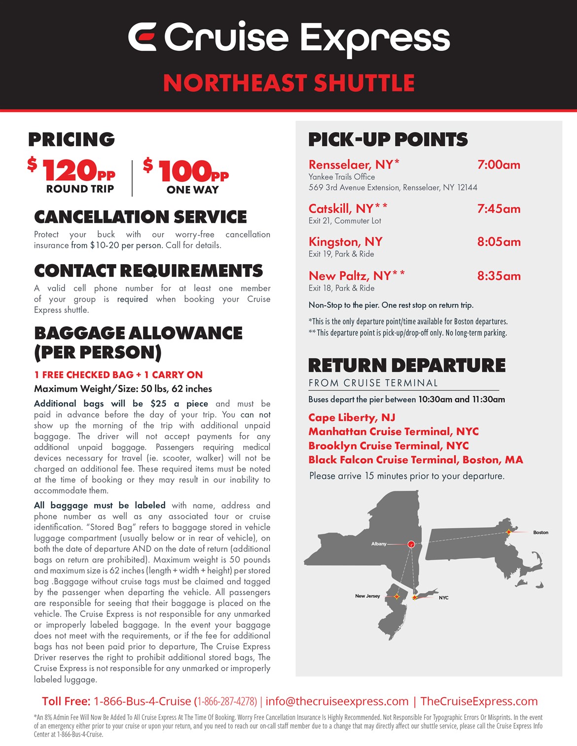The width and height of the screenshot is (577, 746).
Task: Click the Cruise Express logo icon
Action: coord(143,36)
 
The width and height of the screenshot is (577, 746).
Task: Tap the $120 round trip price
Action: coord(72,170)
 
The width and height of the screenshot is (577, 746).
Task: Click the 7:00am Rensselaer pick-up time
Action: coord(499,165)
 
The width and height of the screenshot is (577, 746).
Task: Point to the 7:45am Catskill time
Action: coord(499,208)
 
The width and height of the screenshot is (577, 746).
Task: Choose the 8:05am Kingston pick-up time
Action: coord(499,242)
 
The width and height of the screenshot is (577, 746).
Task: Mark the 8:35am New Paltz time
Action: coord(499,276)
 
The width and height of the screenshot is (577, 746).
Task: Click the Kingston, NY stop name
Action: coord(345,242)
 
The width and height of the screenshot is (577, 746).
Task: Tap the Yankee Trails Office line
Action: coord(342,177)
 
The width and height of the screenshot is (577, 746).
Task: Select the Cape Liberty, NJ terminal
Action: coord(352,417)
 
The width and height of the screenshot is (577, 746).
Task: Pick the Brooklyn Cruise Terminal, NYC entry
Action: coord(389,445)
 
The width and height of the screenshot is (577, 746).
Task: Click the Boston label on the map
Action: coord(541,533)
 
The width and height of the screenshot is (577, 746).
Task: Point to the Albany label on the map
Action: coord(379,544)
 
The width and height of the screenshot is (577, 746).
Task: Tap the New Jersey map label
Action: coord(367,596)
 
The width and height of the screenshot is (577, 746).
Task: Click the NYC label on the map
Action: coord(443,598)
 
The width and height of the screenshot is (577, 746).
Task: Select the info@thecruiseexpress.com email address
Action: coord(337,701)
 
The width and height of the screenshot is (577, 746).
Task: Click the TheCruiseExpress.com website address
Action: coord(479,701)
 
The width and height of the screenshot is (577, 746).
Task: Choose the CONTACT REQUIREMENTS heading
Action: coord(148,271)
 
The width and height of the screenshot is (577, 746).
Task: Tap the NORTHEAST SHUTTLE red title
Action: coord(288,83)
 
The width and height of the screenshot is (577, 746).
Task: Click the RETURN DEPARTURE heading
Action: coord(407,366)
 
